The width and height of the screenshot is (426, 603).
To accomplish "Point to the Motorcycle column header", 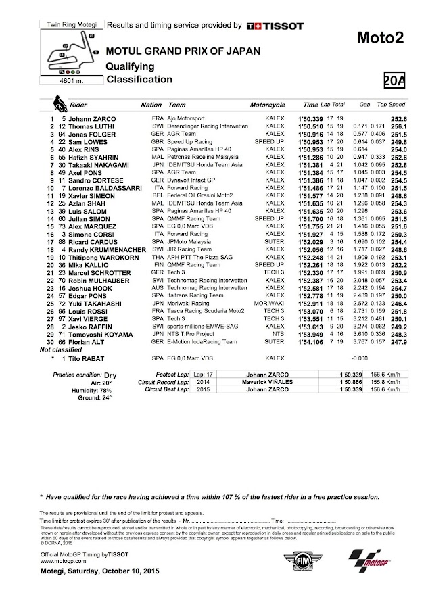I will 270,105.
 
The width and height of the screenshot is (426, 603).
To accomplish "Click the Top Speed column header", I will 391,105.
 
